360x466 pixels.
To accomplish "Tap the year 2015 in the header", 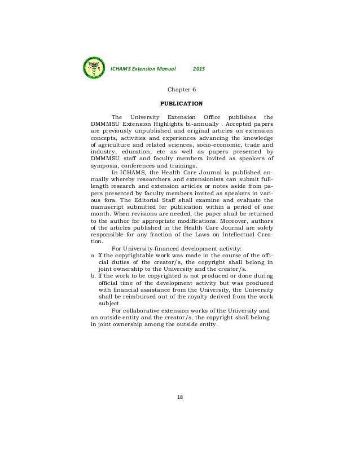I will click(x=199, y=69).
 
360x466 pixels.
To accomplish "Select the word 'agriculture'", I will click(x=117, y=143).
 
